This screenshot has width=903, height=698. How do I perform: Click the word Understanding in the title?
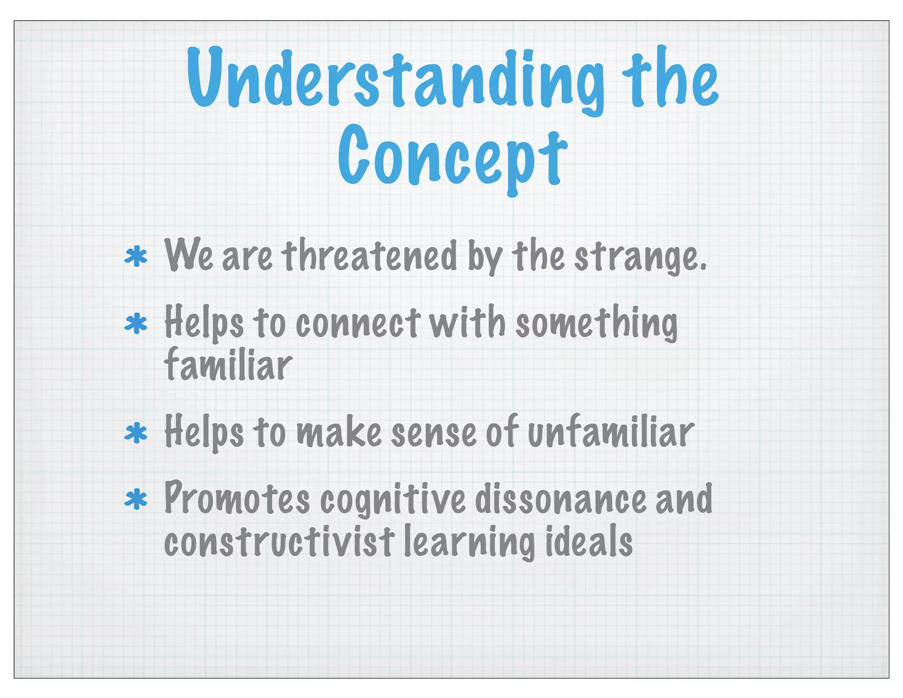(x=395, y=79)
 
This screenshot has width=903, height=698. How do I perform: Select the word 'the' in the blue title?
(x=670, y=79)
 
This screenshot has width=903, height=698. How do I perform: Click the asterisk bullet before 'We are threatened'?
(x=136, y=257)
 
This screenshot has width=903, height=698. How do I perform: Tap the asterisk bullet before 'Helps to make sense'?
(x=136, y=433)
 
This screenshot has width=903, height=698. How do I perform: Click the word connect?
(x=357, y=323)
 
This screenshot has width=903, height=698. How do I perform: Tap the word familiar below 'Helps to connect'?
(x=228, y=364)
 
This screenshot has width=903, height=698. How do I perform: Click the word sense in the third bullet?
(x=433, y=434)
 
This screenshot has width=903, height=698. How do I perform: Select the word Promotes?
(x=237, y=499)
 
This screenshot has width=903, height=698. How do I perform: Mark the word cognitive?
(x=392, y=500)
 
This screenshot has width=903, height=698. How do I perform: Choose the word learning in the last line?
(x=469, y=543)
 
